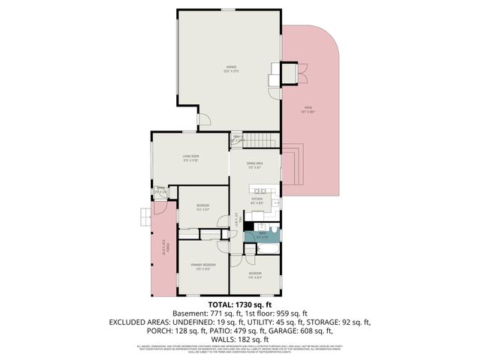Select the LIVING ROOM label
(x=190, y=157)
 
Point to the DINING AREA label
(x=254, y=163)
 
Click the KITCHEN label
(x=256, y=199)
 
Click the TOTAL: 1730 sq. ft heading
(x=239, y=304)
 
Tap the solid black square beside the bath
(x=248, y=226)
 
